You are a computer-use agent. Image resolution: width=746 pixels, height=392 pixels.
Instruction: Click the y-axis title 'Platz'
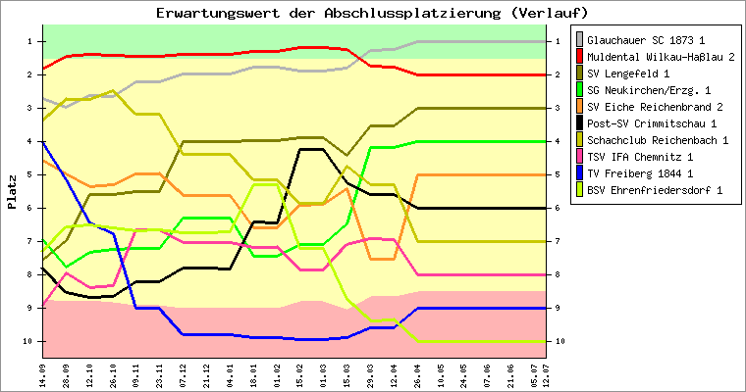(x=12, y=191)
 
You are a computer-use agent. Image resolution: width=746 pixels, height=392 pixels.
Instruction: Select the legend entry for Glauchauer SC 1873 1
(x=651, y=40)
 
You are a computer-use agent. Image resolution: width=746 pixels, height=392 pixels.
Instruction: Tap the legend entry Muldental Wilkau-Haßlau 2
(x=661, y=57)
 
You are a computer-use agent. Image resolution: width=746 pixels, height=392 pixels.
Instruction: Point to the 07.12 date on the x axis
(x=184, y=373)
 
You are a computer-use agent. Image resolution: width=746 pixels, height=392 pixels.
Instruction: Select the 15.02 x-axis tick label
(x=300, y=373)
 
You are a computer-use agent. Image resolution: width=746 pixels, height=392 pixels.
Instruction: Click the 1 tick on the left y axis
(x=30, y=41)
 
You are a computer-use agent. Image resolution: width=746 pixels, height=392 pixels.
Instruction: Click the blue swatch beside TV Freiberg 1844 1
(x=579, y=173)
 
